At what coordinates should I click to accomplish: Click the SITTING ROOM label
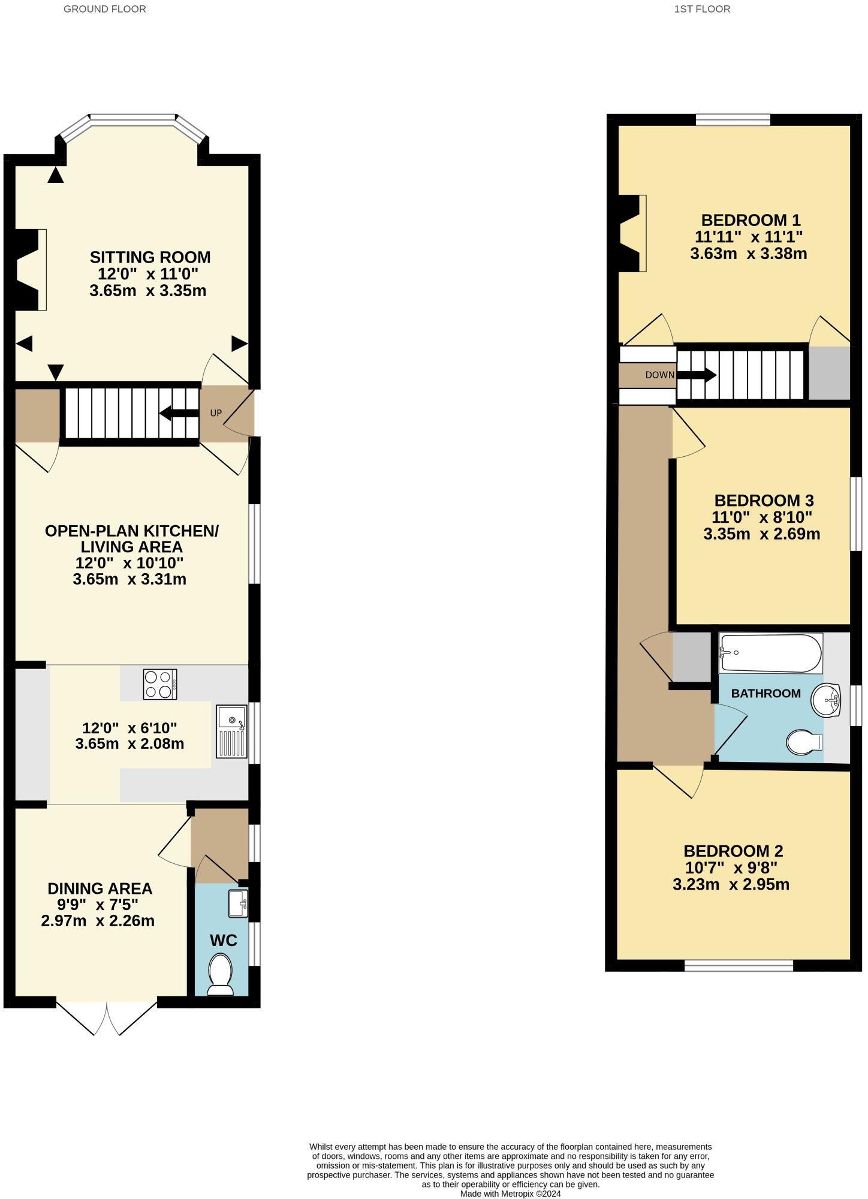(x=150, y=257)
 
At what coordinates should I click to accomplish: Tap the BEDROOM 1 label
(x=751, y=220)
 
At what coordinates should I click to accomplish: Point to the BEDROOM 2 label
(x=733, y=851)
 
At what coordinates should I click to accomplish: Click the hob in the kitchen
(x=160, y=684)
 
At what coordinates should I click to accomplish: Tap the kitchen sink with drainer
(x=232, y=732)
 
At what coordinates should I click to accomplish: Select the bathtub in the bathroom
(x=770, y=653)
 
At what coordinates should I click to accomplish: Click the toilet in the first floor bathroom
(x=804, y=742)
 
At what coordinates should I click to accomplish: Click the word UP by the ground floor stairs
(x=216, y=413)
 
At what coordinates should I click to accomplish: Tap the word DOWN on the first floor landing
(x=659, y=375)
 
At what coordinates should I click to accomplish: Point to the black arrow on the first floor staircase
(x=697, y=376)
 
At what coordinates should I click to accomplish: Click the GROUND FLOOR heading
(x=105, y=9)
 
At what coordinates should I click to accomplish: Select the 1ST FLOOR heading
(x=702, y=9)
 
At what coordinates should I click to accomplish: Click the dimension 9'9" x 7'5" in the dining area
(x=98, y=905)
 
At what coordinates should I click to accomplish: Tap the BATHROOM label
(x=765, y=694)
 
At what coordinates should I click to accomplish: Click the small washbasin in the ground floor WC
(x=238, y=904)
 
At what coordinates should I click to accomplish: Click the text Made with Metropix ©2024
(x=510, y=1194)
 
